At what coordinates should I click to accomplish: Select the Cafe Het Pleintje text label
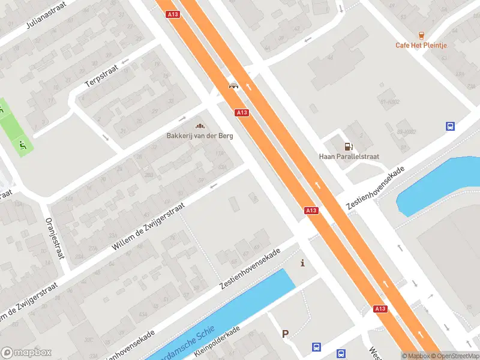coord(421,45)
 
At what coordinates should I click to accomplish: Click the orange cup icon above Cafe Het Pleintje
coord(421,35)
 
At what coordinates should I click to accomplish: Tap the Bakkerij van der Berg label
coord(200,136)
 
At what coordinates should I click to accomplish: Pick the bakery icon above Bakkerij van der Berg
coord(200,125)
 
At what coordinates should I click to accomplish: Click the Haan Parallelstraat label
coord(349,157)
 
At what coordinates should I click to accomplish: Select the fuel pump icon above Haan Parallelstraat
coord(348,146)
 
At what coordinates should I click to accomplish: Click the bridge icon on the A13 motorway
coord(233,86)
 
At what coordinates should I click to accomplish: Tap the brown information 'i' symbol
coord(302,263)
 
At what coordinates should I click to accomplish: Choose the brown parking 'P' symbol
coord(286,334)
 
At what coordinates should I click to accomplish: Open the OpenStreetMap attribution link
coord(456,356)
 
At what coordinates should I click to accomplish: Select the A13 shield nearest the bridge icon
coord(242,112)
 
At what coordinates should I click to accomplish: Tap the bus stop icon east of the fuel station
coord(450,126)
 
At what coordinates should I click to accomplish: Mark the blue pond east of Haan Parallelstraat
coord(437,183)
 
